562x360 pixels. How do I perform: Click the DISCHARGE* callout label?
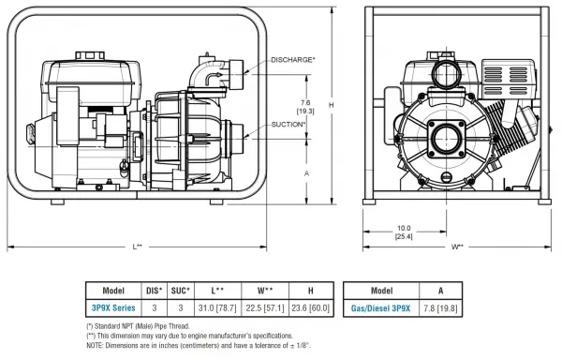(293, 59)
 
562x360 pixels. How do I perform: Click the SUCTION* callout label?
(288, 125)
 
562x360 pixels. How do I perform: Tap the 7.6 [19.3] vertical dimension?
(305, 107)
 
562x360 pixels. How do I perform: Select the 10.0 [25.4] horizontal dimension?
(404, 232)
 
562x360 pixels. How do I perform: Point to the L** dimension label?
(138, 247)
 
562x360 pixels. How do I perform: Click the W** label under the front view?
(457, 247)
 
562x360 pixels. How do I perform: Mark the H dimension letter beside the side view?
(332, 105)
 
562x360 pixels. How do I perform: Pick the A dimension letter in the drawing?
(306, 173)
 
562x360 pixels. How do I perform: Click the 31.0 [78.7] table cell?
(217, 308)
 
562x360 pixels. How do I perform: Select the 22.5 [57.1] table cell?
(265, 308)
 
